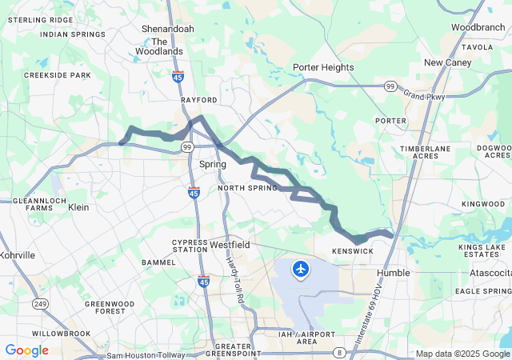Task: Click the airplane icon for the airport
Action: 301,270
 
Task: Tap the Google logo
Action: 26,350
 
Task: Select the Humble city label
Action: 393,273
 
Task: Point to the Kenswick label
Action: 353,251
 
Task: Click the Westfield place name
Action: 230,244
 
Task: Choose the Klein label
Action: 79,207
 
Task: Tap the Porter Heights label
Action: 323,67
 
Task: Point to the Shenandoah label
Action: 167,29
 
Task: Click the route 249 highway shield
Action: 40,303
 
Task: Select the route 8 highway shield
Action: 340,352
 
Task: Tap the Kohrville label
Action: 18,255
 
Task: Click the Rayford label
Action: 198,100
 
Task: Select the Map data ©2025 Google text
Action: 462,354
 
